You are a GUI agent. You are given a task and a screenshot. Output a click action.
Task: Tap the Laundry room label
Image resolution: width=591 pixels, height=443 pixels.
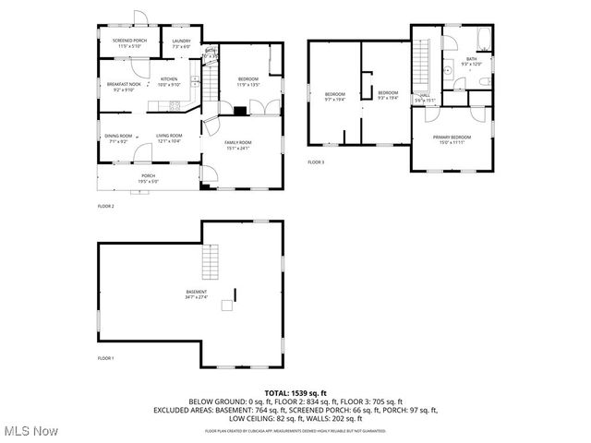(x=181, y=42)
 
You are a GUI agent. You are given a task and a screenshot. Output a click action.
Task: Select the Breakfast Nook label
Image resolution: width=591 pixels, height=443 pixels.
(x=123, y=86)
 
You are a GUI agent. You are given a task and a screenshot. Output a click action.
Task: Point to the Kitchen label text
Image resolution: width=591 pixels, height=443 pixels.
(x=169, y=81)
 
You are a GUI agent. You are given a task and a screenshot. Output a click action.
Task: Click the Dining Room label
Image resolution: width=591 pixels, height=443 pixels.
(x=118, y=138)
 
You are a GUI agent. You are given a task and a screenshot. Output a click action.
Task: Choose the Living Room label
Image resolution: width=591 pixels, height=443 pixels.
(x=168, y=138)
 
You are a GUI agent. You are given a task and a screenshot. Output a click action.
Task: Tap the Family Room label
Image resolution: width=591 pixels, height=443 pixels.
(x=238, y=144)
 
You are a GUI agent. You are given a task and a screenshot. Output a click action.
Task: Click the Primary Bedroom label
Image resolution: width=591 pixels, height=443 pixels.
(x=452, y=139)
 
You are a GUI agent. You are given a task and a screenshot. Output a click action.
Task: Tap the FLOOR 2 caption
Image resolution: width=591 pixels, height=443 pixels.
(x=105, y=206)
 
